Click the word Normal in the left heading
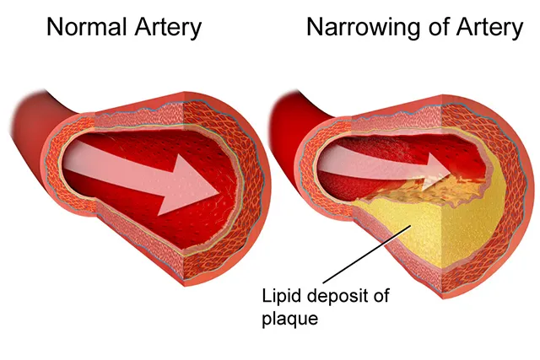pos(84,27)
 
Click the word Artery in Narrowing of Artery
pos(491,27)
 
